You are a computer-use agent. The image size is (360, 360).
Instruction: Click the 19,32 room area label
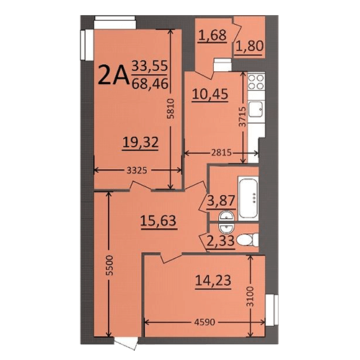click(x=140, y=142)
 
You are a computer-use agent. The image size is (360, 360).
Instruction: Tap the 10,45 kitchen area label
click(x=210, y=94)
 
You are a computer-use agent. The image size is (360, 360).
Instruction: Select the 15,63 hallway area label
click(x=158, y=220)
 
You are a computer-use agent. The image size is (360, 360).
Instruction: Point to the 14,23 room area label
click(x=213, y=280)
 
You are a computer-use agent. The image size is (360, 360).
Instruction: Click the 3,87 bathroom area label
click(x=221, y=201)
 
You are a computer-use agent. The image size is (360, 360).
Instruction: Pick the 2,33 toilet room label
click(x=220, y=240)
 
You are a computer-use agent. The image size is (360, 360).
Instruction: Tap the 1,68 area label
click(x=212, y=35)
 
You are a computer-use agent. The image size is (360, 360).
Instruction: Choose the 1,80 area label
click(x=249, y=46)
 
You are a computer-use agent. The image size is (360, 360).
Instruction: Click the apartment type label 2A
click(x=113, y=75)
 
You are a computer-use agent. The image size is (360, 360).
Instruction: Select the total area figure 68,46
click(x=150, y=84)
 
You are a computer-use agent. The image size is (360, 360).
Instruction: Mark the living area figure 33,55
click(x=150, y=66)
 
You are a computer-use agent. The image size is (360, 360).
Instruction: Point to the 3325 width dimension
click(x=137, y=171)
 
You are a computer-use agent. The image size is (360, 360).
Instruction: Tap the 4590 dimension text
click(x=204, y=322)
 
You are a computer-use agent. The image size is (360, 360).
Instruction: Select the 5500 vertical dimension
click(x=109, y=265)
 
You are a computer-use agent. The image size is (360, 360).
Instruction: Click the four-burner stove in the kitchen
click(x=256, y=82)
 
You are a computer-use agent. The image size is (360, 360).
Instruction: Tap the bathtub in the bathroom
click(x=248, y=199)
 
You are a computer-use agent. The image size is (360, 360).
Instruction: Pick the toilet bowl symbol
click(x=247, y=240)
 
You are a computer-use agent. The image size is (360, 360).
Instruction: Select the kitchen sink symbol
click(x=256, y=109)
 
